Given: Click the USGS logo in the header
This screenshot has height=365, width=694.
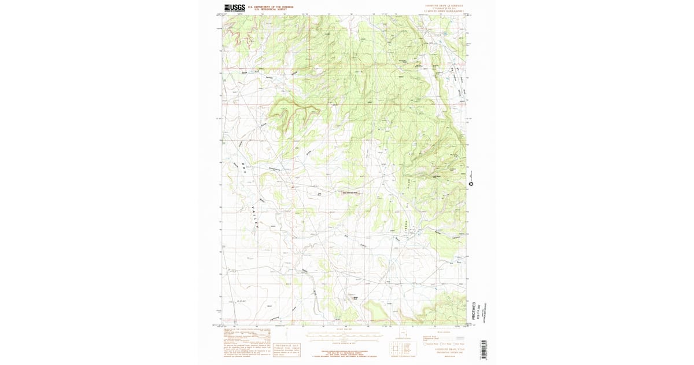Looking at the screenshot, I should click(234, 8).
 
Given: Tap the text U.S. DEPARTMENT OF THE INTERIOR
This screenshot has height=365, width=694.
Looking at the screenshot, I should click(271, 6).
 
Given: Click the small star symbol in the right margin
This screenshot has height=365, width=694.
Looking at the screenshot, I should click(471, 184).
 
